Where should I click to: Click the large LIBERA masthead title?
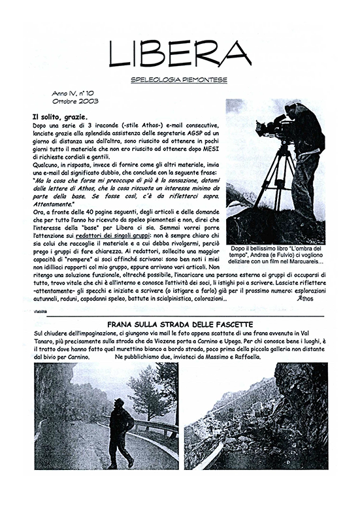180,52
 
